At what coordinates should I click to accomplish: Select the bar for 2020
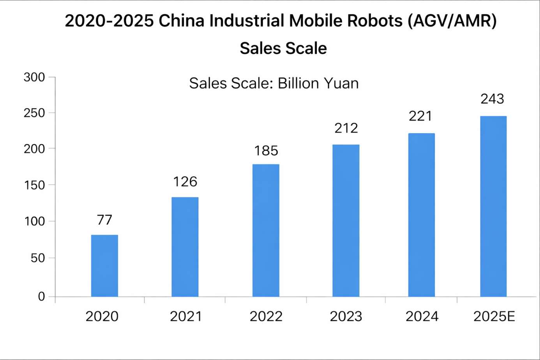(x=104, y=266)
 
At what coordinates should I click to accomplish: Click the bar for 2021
(x=185, y=247)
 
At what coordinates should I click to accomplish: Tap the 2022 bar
(x=266, y=230)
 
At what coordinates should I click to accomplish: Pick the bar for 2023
(x=346, y=221)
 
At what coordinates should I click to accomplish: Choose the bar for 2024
(x=422, y=215)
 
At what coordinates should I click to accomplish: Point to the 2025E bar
(x=493, y=206)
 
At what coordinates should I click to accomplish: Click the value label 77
(x=104, y=220)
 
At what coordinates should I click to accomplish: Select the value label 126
(x=185, y=182)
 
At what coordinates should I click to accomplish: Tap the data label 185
(x=266, y=151)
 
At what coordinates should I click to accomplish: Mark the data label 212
(x=346, y=128)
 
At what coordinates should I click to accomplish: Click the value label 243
(x=492, y=99)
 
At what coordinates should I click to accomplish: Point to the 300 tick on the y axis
(x=34, y=77)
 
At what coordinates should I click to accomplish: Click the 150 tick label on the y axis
(x=34, y=185)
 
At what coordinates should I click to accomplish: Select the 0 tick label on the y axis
(x=41, y=296)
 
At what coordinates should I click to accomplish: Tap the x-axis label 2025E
(x=494, y=316)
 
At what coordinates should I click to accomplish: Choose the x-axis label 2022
(x=266, y=316)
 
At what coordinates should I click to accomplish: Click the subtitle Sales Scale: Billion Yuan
(x=274, y=83)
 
